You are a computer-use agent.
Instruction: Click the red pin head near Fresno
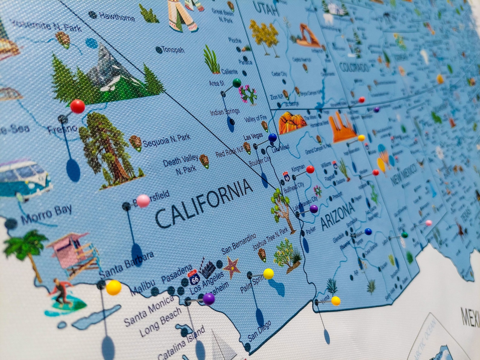pyautogui.click(x=77, y=106)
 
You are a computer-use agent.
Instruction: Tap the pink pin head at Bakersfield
pyautogui.click(x=143, y=201)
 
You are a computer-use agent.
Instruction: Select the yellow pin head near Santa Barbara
pyautogui.click(x=113, y=287)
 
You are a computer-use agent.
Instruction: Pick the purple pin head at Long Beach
pyautogui.click(x=209, y=299)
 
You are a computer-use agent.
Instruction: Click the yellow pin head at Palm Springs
pyautogui.click(x=268, y=274)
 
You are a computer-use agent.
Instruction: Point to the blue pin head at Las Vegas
pyautogui.click(x=272, y=138)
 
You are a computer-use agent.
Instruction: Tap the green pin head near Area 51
pyautogui.click(x=237, y=83)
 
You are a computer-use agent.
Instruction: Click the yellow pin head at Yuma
pyautogui.click(x=336, y=301)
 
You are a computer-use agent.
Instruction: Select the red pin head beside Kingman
pyautogui.click(x=310, y=170)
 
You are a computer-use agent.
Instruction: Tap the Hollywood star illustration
pyautogui.click(x=232, y=267)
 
